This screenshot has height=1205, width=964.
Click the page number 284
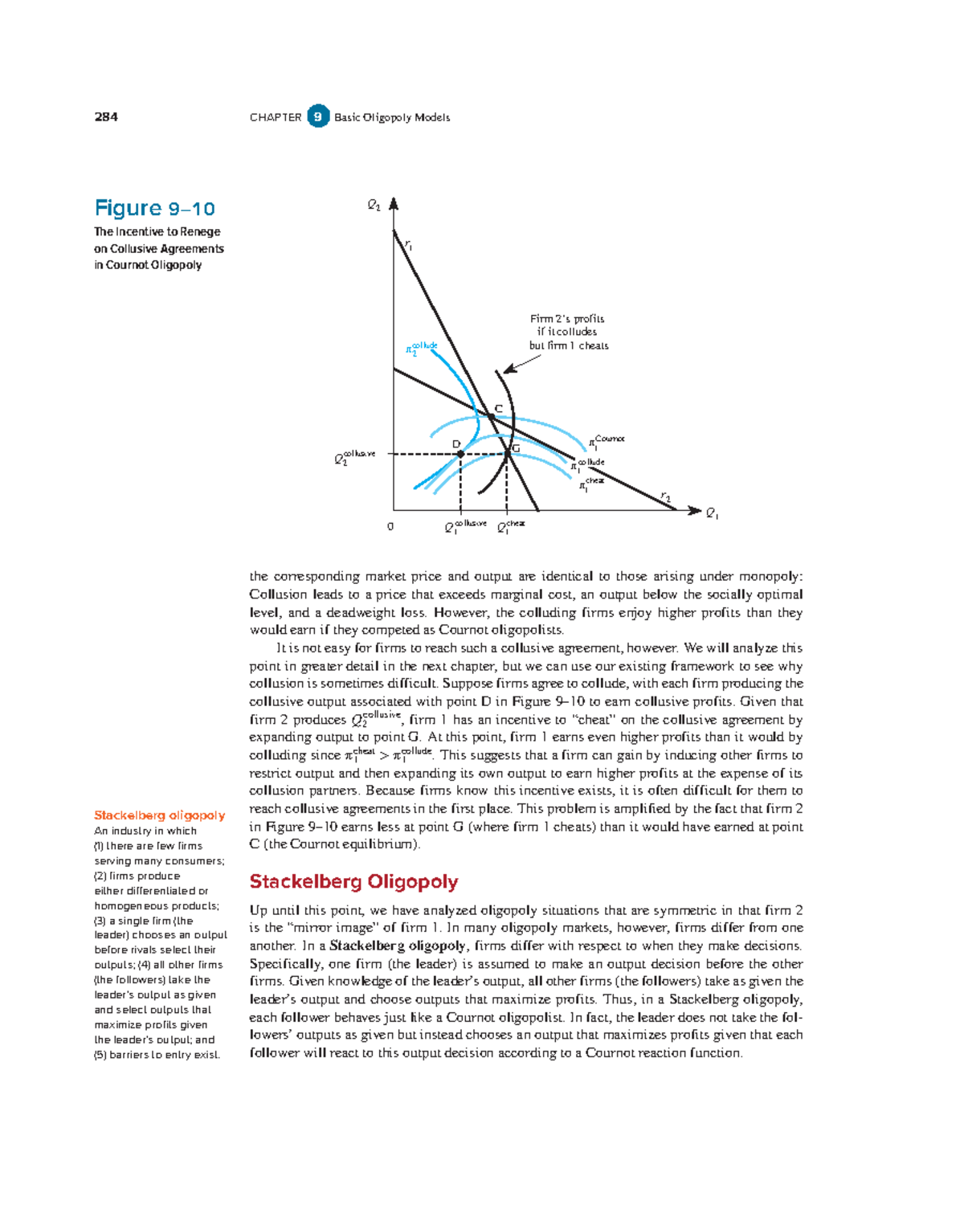click(x=106, y=117)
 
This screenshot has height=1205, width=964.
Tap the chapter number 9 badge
click(x=318, y=117)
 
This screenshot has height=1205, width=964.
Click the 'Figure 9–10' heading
click(x=154, y=209)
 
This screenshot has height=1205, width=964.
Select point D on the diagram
click(x=460, y=454)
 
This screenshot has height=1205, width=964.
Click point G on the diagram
click(x=508, y=453)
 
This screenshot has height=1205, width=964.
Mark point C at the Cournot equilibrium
click(x=492, y=415)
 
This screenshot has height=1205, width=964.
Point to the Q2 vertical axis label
click(x=374, y=206)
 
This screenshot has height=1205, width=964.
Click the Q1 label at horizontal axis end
click(x=712, y=514)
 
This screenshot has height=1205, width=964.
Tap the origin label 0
click(x=390, y=527)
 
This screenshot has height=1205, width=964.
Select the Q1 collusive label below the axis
click(x=465, y=527)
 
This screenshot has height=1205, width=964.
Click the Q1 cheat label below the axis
click(x=510, y=527)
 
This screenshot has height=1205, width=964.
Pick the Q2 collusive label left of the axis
click(x=354, y=458)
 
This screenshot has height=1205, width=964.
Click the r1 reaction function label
click(x=408, y=244)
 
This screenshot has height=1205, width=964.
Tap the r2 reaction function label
click(x=665, y=498)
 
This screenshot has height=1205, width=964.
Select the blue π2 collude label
click(x=421, y=348)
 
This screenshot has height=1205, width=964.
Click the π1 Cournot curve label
click(x=607, y=441)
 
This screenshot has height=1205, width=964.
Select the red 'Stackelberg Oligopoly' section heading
click(x=353, y=882)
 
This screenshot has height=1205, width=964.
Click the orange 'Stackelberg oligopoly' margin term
click(x=159, y=815)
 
